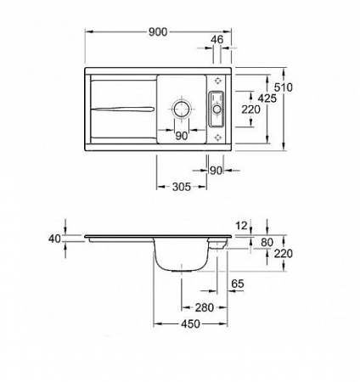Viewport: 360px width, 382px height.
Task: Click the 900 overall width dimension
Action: [158, 31]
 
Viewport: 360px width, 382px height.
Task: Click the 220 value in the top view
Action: [249, 110]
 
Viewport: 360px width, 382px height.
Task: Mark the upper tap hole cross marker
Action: [219, 76]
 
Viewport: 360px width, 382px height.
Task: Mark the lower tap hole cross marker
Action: [219, 138]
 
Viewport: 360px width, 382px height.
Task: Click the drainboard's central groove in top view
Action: [124, 108]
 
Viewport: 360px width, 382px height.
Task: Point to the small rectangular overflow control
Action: [216, 108]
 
